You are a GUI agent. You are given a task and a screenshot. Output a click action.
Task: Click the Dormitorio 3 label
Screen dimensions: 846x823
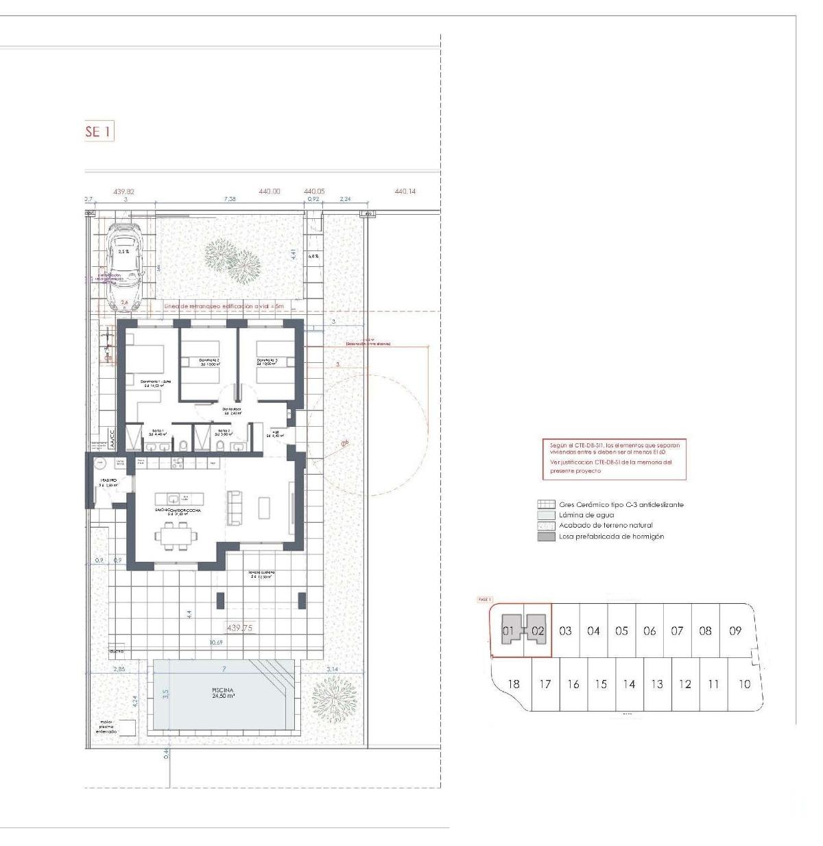[267, 362]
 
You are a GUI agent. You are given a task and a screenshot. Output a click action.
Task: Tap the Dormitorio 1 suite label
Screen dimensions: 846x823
[154, 384]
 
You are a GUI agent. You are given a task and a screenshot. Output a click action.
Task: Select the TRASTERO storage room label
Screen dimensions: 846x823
[108, 482]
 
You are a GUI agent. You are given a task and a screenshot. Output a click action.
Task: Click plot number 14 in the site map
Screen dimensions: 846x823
[629, 684]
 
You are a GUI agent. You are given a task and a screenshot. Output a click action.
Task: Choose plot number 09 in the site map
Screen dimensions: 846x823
[735, 631]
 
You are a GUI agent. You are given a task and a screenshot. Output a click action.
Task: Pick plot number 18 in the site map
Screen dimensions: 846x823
[512, 683]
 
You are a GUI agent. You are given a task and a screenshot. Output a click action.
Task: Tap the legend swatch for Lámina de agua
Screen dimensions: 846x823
[546, 515]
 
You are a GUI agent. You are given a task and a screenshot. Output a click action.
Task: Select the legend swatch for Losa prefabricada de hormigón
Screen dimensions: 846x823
[546, 537]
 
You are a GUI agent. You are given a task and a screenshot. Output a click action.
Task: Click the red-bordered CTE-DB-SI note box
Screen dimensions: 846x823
[614, 458]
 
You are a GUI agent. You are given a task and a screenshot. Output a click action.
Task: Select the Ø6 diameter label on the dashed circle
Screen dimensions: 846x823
[344, 443]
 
